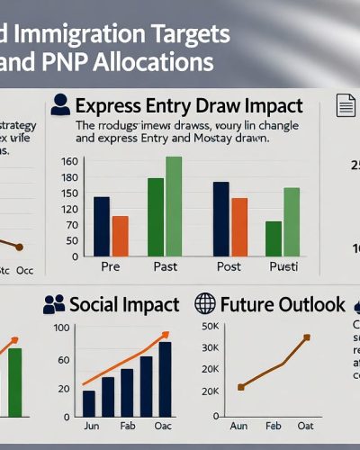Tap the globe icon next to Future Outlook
(x=205, y=304)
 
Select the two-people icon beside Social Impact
(x=54, y=305)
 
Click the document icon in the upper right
(x=346, y=105)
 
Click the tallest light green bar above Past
(x=174, y=208)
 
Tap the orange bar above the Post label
(x=239, y=229)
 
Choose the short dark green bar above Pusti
(x=274, y=240)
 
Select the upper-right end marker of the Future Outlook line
(x=306, y=337)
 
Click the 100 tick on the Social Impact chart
(x=62, y=327)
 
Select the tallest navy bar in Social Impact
(x=165, y=379)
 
